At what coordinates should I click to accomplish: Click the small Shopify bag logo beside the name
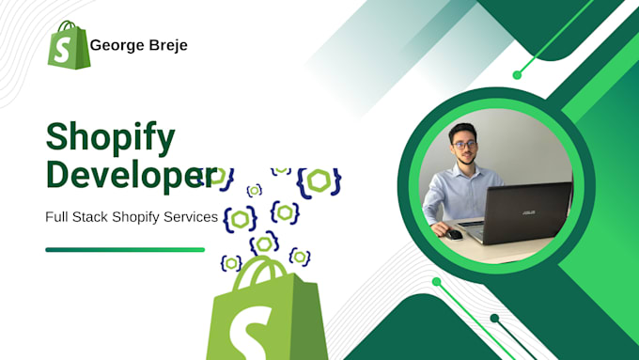click(67, 44)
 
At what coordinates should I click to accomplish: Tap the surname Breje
click(166, 46)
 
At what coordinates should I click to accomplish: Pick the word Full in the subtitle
click(56, 217)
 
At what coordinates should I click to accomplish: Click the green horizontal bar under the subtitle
click(124, 249)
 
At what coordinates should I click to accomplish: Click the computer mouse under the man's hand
click(455, 234)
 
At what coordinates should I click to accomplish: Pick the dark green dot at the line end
click(494, 319)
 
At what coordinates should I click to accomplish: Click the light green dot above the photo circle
click(517, 74)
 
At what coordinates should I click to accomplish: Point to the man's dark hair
click(463, 129)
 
